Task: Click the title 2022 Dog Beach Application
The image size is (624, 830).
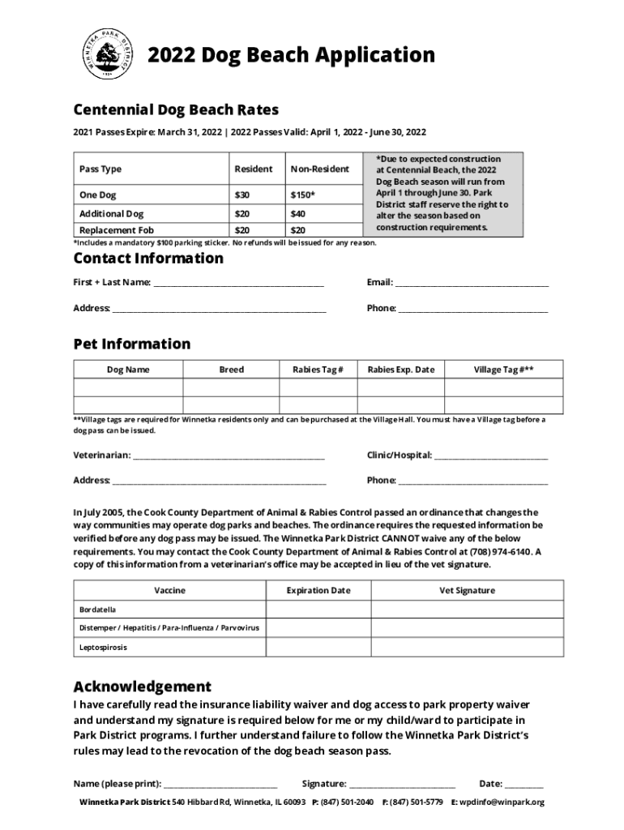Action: click(x=280, y=56)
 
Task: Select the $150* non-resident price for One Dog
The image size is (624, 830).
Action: click(x=303, y=195)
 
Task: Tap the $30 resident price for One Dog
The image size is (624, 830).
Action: click(x=242, y=195)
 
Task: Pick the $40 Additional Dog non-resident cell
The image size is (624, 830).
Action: click(x=298, y=214)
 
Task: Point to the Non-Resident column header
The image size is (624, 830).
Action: click(x=319, y=169)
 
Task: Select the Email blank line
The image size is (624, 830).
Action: click(x=471, y=283)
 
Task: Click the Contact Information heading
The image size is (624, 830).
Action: click(x=148, y=259)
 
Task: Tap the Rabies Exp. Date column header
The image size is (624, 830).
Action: click(x=400, y=370)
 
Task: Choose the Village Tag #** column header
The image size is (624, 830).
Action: click(x=503, y=370)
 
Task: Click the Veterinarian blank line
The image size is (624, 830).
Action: click(x=229, y=456)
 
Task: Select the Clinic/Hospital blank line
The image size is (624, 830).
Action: click(x=491, y=456)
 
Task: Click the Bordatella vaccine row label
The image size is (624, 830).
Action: click(x=98, y=609)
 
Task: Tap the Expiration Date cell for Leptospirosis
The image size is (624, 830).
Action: click(x=318, y=648)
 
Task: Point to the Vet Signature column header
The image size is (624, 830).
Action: click(x=467, y=590)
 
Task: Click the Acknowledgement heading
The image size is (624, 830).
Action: click(x=143, y=686)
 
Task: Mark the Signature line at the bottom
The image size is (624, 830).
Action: click(x=402, y=785)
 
